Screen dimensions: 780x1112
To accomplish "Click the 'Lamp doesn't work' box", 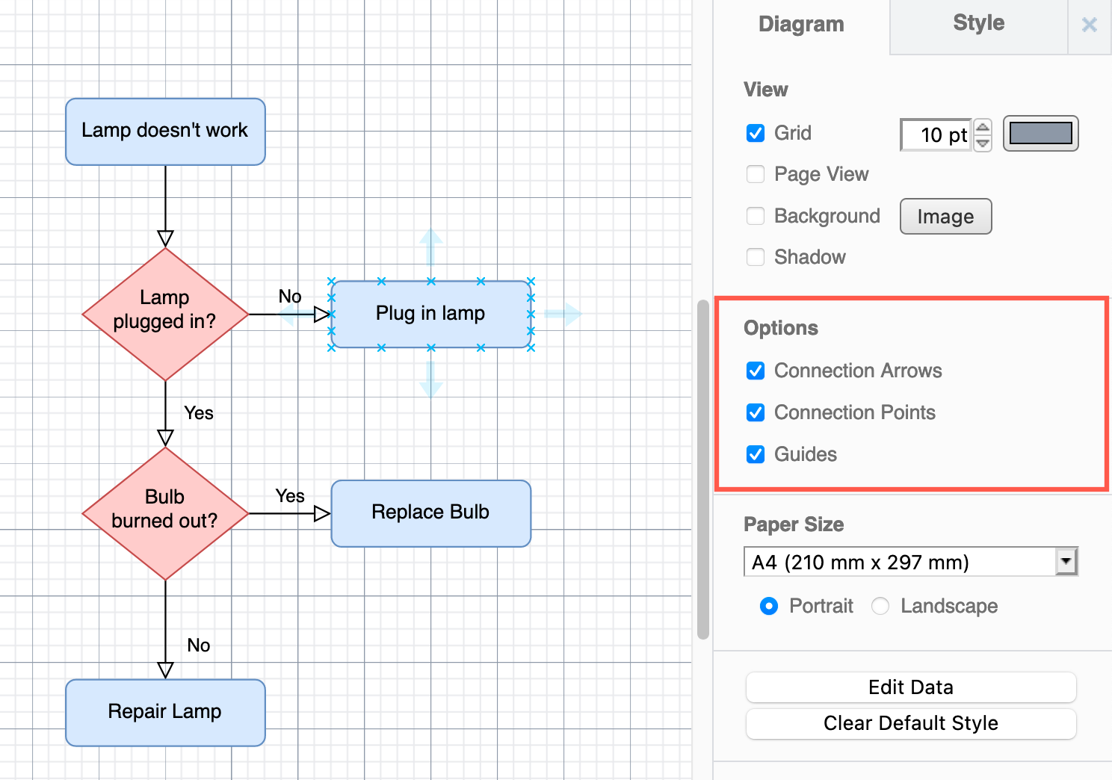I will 165,131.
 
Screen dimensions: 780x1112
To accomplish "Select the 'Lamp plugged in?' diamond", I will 165,314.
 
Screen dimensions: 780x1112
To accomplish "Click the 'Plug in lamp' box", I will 430,314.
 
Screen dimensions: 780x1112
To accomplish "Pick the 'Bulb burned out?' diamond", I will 165,513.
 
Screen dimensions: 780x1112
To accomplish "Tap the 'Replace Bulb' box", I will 430,513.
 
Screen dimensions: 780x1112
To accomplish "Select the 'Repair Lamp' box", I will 165,712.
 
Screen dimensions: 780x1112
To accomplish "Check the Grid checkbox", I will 756,133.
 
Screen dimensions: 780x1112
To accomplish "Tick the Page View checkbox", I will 756,174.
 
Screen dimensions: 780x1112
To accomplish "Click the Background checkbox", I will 756,216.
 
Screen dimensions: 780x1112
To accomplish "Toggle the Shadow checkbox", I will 756,257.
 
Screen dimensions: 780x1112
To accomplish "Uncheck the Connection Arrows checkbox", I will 756,371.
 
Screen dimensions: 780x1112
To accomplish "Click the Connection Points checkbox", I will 756,412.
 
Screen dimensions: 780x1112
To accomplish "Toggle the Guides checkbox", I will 756,454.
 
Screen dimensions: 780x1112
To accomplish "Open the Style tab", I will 978,24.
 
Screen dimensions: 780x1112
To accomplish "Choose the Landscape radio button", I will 880,606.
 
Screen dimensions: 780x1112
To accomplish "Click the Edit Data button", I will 910,687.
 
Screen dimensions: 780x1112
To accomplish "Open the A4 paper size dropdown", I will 910,562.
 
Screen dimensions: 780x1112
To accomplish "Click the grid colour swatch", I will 1040,134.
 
